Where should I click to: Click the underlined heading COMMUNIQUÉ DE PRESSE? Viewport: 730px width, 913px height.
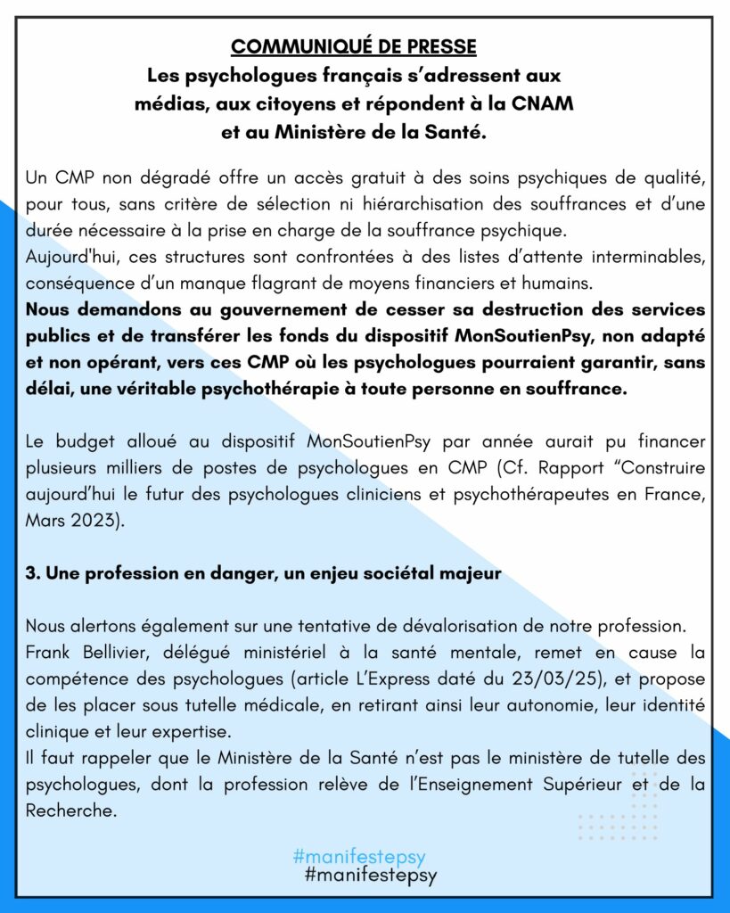coord(354,46)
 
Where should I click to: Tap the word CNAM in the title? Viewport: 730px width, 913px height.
coord(542,103)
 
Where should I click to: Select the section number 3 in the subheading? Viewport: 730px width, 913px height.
coord(30,574)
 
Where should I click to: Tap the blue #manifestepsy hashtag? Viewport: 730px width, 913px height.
coord(358,857)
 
